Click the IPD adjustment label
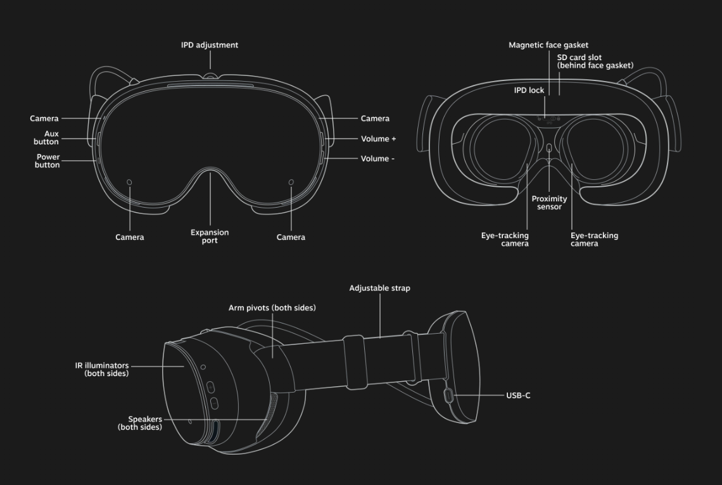[210, 46]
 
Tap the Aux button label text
[47, 137]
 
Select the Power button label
[47, 161]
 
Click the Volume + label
[378, 139]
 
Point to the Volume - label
[377, 159]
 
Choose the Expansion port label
[210, 236]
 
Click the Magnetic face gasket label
[548, 46]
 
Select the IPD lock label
[529, 91]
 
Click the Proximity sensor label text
[549, 203]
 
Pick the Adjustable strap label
[379, 288]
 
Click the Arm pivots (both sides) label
[272, 308]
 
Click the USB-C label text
[518, 396]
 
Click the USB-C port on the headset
[449, 396]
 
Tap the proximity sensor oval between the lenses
[549, 148]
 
